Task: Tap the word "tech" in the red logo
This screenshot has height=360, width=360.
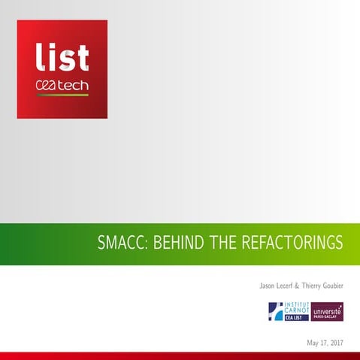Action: point(72,86)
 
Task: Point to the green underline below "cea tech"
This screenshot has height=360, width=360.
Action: point(62,95)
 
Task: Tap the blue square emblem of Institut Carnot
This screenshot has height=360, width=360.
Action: point(275,312)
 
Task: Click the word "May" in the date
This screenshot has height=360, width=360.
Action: point(313,343)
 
